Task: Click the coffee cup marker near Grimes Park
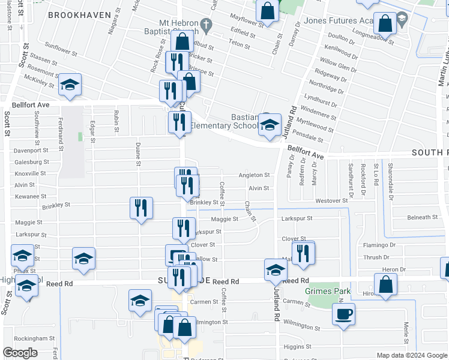click(x=343, y=314)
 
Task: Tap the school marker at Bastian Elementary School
click(x=270, y=124)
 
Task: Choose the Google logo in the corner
click(x=20, y=353)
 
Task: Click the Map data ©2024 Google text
click(x=412, y=355)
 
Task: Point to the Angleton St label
click(x=254, y=175)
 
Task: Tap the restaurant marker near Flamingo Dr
click(x=304, y=253)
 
